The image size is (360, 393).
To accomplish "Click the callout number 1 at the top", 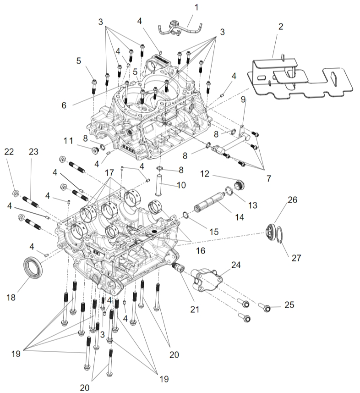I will coord(196,7).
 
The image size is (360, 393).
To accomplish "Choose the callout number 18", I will coord(11,297).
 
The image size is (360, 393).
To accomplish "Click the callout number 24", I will coord(236,265).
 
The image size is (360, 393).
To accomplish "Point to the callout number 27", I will coord(296,258).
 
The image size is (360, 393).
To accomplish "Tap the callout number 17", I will coord(109,174).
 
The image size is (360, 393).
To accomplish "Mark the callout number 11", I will coord(68,141).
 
